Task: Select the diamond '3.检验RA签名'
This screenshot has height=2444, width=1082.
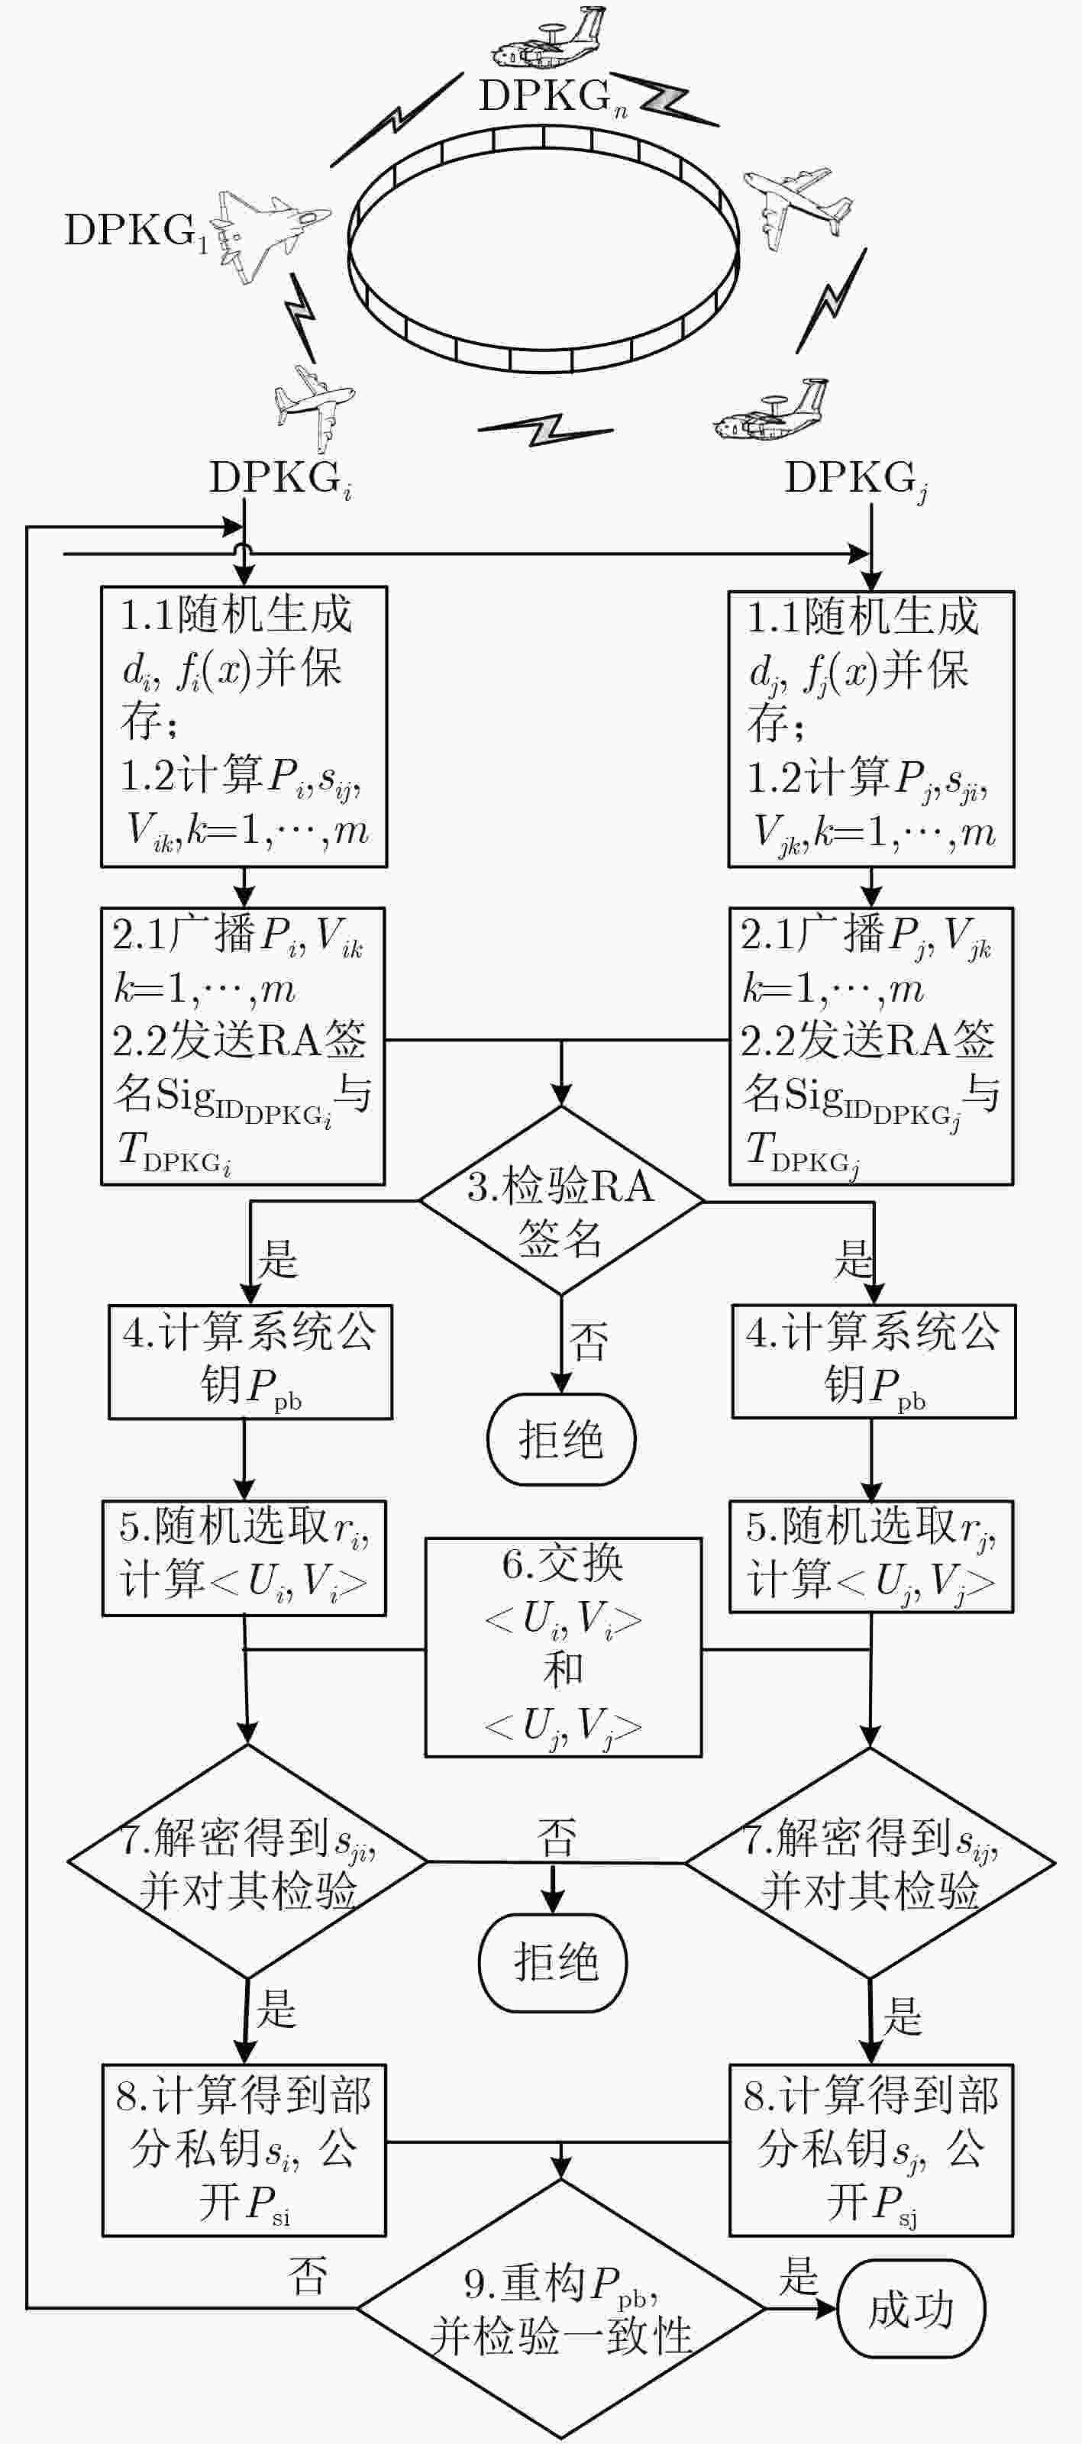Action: click(561, 1200)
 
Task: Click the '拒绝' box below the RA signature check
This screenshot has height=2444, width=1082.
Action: click(561, 1439)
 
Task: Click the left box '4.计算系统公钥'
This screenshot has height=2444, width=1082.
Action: click(250, 1361)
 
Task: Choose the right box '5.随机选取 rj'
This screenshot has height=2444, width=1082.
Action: click(871, 1556)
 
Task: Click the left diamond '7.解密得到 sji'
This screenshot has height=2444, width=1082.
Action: click(247, 1861)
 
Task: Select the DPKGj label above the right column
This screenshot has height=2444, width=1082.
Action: click(856, 480)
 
